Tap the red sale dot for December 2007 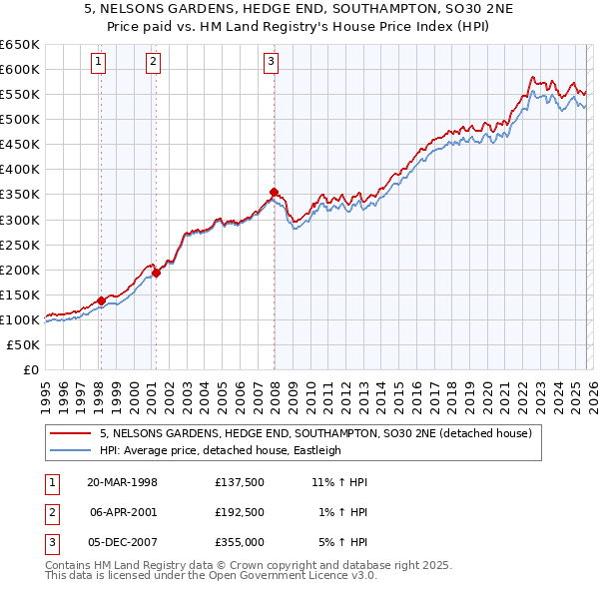coord(274,192)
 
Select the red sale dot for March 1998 coord(101,300)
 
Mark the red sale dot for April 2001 coord(155,273)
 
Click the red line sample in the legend coord(71,434)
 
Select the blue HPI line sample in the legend coord(71,450)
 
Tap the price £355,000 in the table coord(239,542)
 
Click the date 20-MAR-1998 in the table coord(123,482)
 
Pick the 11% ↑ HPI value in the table coord(339,482)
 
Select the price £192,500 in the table coord(239,512)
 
